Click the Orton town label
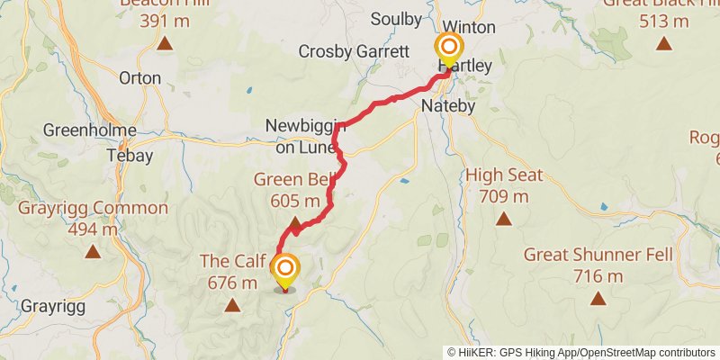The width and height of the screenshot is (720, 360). tap(140, 78)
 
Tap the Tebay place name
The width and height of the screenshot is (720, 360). tap(130, 155)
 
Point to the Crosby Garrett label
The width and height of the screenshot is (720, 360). tap(349, 51)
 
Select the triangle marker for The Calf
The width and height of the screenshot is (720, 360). tap(232, 305)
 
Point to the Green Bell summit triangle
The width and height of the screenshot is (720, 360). tap(295, 222)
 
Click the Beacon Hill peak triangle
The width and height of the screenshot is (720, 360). tap(165, 42)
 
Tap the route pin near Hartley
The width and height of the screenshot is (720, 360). tap(448, 49)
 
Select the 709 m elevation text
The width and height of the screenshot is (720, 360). tap(504, 197)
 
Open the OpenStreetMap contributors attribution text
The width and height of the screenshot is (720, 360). tap(645, 352)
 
